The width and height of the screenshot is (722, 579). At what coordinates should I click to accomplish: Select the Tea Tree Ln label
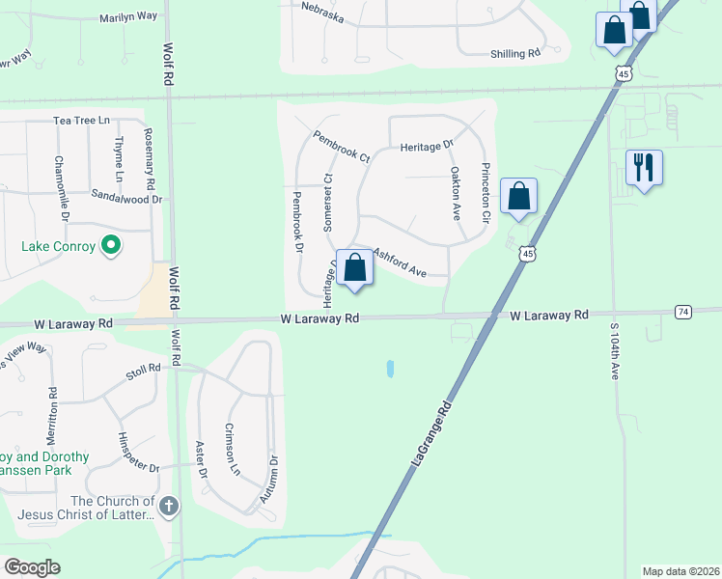click(82, 121)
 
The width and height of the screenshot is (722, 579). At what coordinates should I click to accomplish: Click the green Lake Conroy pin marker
click(111, 246)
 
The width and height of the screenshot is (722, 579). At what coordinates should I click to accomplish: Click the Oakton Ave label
click(455, 193)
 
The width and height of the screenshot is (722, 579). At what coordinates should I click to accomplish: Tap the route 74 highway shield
click(683, 312)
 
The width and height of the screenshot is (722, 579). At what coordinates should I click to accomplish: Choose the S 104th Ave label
click(613, 352)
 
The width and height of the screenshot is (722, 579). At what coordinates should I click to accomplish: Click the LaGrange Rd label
click(431, 436)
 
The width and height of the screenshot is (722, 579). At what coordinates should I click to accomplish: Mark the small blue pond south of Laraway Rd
click(390, 369)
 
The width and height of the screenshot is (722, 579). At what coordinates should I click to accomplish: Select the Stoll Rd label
click(142, 372)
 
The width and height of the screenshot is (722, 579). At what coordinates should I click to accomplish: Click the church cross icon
click(169, 506)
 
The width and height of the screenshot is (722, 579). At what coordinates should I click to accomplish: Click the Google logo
click(32, 567)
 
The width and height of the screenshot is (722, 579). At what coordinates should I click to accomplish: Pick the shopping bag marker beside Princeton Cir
click(519, 196)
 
